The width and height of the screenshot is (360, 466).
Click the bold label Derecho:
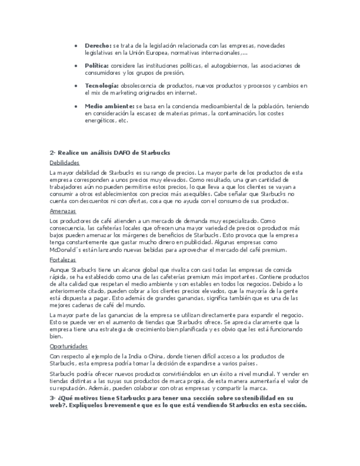click(98, 46)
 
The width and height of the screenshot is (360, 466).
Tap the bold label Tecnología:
click(102, 86)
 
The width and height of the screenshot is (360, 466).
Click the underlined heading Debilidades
click(64, 163)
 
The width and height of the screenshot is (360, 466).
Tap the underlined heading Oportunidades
click(68, 347)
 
